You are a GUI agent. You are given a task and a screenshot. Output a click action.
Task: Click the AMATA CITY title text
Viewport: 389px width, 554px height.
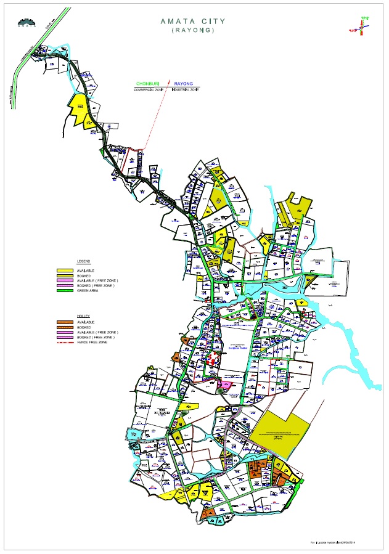tap(192, 21)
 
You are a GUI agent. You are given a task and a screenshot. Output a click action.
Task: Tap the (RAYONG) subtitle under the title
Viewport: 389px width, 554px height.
tap(192, 31)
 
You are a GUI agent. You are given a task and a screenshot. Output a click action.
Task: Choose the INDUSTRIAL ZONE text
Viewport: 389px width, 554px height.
tap(186, 90)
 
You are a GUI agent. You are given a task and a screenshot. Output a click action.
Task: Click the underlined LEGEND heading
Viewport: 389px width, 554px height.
tap(83, 261)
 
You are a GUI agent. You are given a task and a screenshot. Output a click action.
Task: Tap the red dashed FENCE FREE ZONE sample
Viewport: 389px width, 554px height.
tap(65, 342)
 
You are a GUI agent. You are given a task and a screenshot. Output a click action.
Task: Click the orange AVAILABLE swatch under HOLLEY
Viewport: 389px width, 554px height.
tap(65, 322)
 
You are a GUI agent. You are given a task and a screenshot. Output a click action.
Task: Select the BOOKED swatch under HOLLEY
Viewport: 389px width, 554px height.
tap(65, 327)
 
